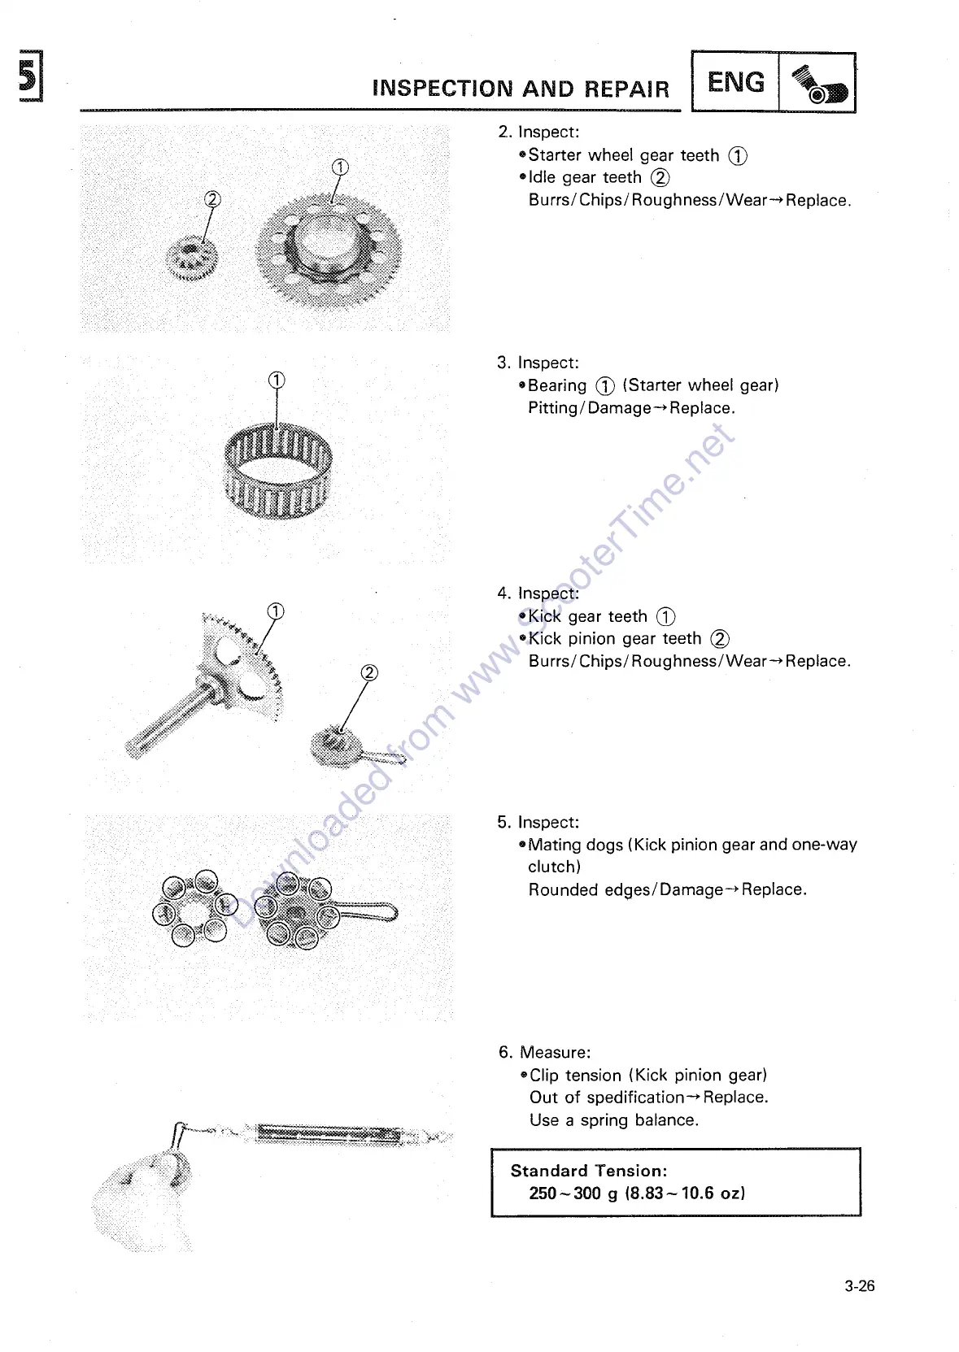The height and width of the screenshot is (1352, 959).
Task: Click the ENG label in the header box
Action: point(735,82)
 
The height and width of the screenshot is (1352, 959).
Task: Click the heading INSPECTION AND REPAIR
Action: point(521,89)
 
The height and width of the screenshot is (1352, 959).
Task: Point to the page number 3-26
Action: point(859,1285)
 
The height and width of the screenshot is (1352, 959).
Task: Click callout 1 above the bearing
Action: point(277,380)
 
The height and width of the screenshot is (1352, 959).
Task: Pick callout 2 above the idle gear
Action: point(212,199)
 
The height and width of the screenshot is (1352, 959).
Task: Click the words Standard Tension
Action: point(588,1171)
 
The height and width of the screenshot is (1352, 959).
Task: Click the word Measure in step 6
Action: point(555,1052)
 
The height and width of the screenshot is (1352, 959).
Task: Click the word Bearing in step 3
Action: point(557,385)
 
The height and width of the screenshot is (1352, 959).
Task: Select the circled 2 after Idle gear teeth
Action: point(660,177)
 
